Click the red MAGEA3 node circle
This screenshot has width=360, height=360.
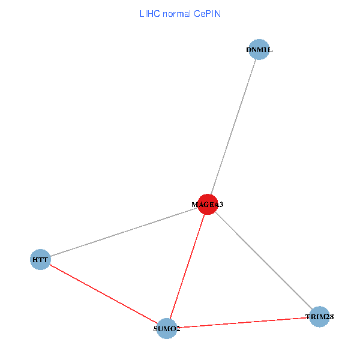click(x=208, y=204)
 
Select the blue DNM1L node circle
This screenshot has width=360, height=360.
click(x=259, y=50)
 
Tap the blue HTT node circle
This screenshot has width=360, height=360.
click(x=40, y=260)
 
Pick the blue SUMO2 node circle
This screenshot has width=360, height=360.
click(x=167, y=328)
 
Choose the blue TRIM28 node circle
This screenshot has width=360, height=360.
click(x=320, y=316)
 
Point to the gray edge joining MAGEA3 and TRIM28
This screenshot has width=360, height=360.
click(x=264, y=260)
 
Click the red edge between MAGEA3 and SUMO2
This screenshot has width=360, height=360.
click(x=187, y=266)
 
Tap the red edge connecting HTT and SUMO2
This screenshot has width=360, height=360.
click(x=103, y=294)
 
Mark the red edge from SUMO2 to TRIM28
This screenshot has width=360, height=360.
click(x=243, y=322)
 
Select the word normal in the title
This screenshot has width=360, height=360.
click(x=177, y=13)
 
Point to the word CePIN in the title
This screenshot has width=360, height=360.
click(x=207, y=13)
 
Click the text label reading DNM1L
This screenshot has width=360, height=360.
click(x=259, y=50)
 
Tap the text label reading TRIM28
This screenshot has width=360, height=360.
click(x=320, y=316)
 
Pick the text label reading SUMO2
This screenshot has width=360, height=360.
click(x=167, y=329)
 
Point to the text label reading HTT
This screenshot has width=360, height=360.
click(x=40, y=260)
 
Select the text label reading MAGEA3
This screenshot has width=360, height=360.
click(x=208, y=205)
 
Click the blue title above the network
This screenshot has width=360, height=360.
click(x=179, y=13)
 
